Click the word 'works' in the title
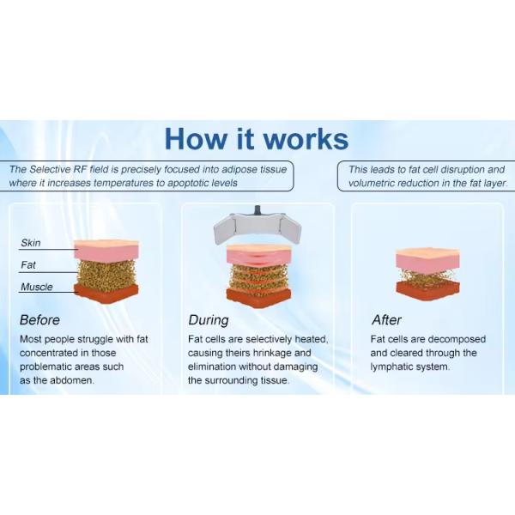click(306, 139)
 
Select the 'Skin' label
click(31, 243)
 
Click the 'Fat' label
click(28, 264)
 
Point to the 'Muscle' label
click(36, 287)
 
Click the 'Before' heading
click(39, 320)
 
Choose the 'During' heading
click(209, 320)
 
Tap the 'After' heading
click(386, 320)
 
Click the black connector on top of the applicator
click(257, 209)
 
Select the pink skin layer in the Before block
click(106, 251)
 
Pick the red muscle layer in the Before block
click(106, 294)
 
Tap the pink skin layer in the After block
click(427, 260)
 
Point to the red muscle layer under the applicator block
click(259, 297)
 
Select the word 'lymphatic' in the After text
click(391, 367)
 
